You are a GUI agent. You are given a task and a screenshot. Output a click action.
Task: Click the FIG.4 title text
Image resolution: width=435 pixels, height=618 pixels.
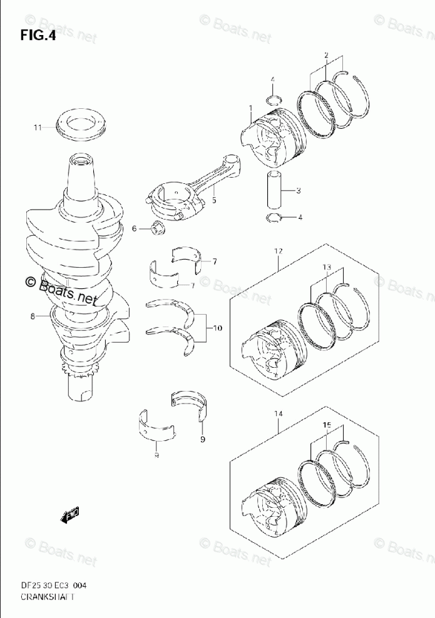[38, 36]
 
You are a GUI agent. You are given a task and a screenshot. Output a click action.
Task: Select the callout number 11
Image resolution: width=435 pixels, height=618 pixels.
[38, 128]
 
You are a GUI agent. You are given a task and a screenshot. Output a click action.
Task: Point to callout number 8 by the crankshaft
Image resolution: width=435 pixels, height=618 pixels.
[32, 317]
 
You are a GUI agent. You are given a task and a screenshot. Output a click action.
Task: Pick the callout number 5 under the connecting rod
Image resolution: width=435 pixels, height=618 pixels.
[213, 201]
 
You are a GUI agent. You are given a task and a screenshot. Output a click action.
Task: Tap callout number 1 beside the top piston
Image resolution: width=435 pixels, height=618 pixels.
[250, 108]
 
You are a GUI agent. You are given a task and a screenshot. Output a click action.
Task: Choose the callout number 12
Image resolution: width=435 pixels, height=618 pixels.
[278, 251]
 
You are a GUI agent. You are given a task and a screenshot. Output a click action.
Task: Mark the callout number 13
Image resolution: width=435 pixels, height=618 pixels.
[326, 267]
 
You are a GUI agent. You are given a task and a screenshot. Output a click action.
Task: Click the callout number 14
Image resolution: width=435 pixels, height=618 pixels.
[278, 413]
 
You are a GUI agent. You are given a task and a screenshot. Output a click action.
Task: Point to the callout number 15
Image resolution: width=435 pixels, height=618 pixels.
[326, 425]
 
